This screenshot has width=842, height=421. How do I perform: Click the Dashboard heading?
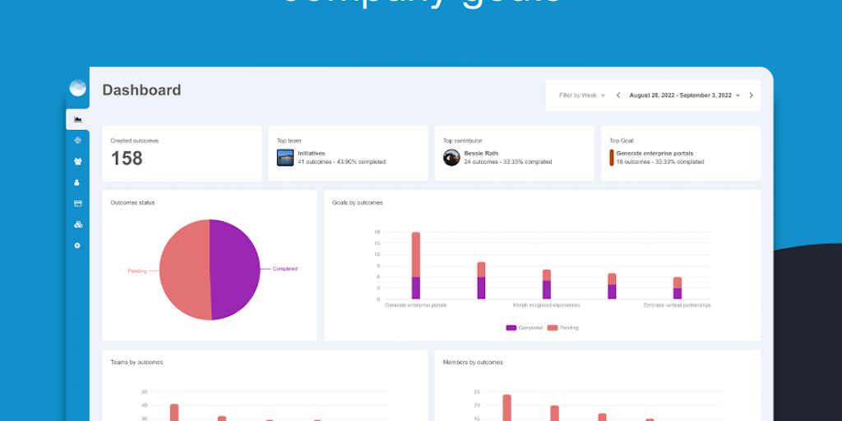coord(141,90)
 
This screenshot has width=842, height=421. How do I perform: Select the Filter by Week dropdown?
coord(581,95)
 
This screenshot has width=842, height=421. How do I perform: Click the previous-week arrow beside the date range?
coord(618,95)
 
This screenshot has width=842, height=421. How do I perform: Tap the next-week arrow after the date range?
coord(751,95)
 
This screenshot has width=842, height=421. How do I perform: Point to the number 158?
coord(127,158)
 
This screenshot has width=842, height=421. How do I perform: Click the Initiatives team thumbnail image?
coord(285,158)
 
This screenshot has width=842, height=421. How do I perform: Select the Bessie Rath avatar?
coord(451,158)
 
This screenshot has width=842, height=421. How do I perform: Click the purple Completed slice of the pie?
coord(238,269)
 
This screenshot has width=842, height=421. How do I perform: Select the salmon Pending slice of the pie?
coord(183,269)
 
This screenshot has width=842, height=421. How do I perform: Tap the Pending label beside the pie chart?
coord(137,271)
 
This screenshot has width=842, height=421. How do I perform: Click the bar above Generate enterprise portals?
coord(416,265)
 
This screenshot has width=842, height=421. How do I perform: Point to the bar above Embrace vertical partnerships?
coord(678,288)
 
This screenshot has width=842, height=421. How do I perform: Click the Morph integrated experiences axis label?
coord(547,305)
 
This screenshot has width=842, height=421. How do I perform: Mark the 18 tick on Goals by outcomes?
coord(377,232)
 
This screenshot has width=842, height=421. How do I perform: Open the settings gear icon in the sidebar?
coord(77,245)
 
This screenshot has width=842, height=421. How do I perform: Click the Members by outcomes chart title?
coord(473,362)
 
